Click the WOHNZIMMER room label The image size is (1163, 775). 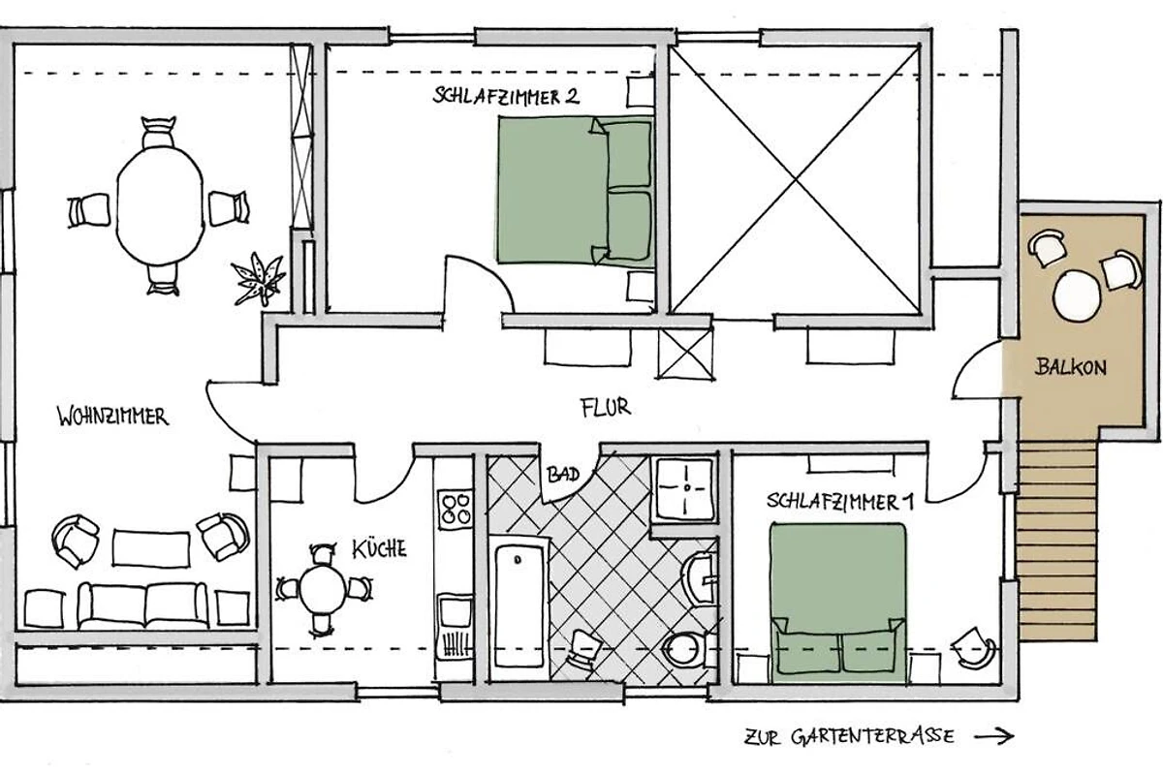click(x=112, y=417)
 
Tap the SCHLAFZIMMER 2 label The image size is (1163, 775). click(x=506, y=97)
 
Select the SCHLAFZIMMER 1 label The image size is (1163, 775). click(x=840, y=502)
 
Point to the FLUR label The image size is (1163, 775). click(x=606, y=408)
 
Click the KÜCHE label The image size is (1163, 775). click(x=379, y=548)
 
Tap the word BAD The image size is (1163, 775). click(x=563, y=474)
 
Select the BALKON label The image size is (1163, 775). click(x=1071, y=367)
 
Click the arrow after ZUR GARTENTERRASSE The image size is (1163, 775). click(x=993, y=736)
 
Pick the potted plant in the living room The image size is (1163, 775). click(x=258, y=278)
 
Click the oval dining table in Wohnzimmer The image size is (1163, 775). click(x=160, y=206)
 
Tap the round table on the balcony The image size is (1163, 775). click(x=1078, y=295)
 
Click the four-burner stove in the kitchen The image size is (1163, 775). click(x=455, y=510)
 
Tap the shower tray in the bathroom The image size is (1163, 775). click(x=685, y=489)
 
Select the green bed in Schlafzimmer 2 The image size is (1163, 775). click(x=576, y=190)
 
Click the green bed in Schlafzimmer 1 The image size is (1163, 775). click(x=838, y=603)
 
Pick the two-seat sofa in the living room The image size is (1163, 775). click(x=142, y=605)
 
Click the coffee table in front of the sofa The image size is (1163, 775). click(x=151, y=548)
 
